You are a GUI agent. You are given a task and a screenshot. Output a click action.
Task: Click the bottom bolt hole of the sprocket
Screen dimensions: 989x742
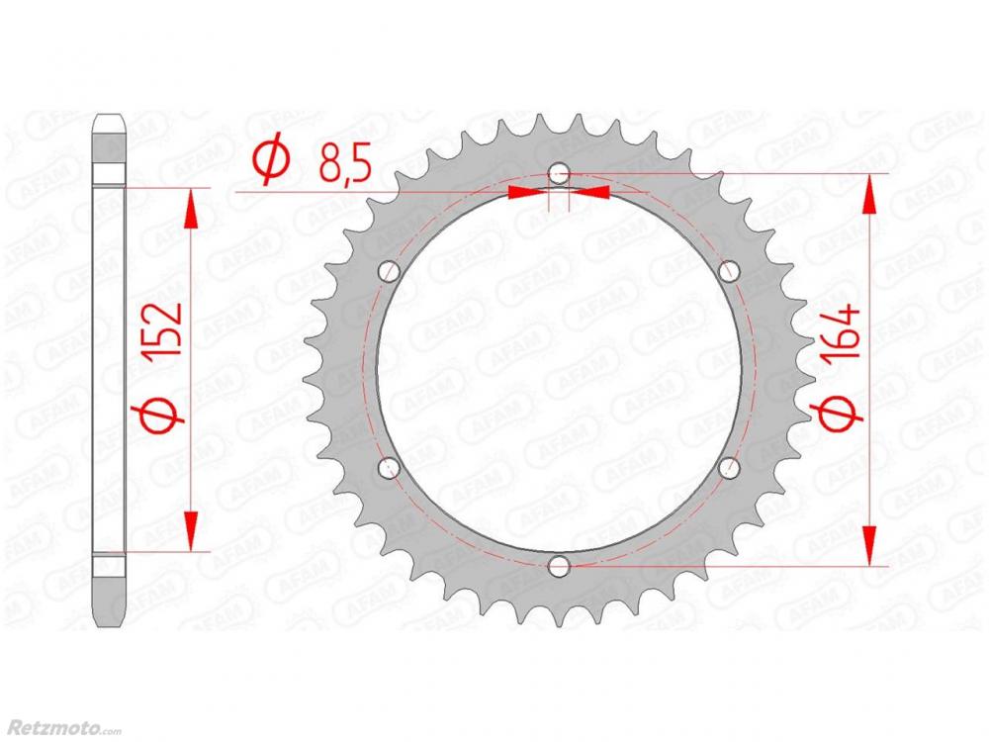point(559,566)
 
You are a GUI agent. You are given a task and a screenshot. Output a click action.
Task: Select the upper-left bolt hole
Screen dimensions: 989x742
point(389,271)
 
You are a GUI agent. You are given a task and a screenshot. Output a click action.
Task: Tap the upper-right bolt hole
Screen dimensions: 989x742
point(729,271)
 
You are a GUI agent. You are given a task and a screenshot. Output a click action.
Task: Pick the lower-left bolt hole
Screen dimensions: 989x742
point(389,468)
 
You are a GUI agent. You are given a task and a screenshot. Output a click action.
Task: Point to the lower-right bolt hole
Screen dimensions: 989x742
point(729,468)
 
